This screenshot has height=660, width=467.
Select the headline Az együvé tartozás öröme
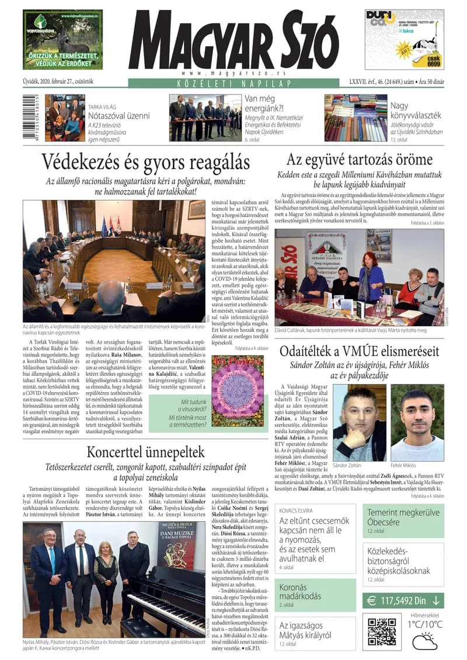pyautogui.click(x=359, y=159)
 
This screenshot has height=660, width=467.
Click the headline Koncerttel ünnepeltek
pyautogui.click(x=145, y=451)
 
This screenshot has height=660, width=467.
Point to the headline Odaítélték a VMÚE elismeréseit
pyautogui.click(x=359, y=351)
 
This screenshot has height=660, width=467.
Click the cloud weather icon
pyautogui.click(x=424, y=642)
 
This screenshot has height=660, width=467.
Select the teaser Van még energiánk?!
pyautogui.click(x=272, y=107)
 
